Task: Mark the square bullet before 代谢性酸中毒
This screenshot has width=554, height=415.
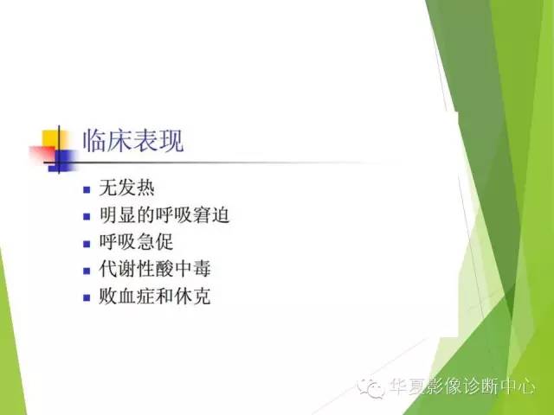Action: tap(87, 271)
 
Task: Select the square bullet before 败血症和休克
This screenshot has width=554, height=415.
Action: tap(87, 297)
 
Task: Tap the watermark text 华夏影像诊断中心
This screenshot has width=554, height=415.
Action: tap(461, 388)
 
